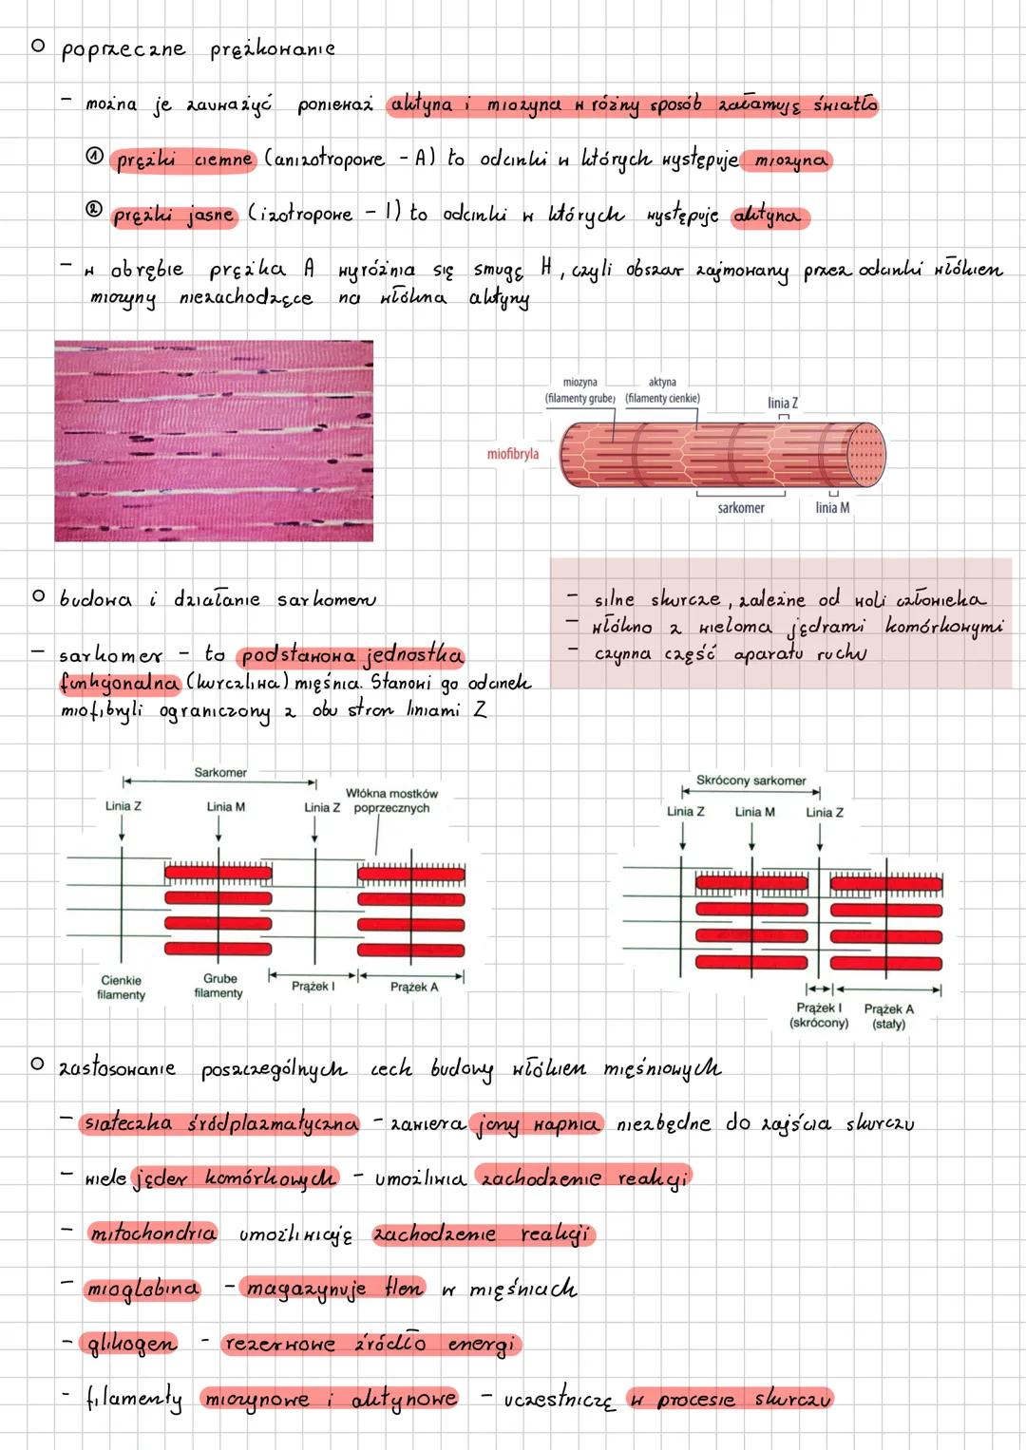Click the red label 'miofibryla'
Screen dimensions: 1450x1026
pyautogui.click(x=512, y=454)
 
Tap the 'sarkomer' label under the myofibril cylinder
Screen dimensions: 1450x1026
pyautogui.click(x=741, y=508)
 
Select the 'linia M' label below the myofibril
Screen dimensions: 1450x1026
pyautogui.click(x=832, y=508)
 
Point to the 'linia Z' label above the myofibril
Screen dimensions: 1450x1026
pyautogui.click(x=783, y=404)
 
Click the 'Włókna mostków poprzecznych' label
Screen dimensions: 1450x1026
pyautogui.click(x=391, y=800)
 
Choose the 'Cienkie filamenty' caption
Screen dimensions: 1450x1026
pyautogui.click(x=121, y=988)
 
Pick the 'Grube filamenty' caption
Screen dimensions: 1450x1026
pyautogui.click(x=218, y=986)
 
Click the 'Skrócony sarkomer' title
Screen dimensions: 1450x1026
pyautogui.click(x=750, y=781)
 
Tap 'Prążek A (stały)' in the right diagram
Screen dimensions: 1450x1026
pyautogui.click(x=888, y=1016)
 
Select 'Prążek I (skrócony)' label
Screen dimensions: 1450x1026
pyautogui.click(x=819, y=1016)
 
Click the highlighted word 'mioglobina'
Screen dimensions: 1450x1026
pyautogui.click(x=142, y=1289)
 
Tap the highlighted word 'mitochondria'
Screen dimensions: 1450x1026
pyautogui.click(x=152, y=1234)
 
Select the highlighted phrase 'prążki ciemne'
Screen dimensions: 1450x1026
pyautogui.click(x=183, y=160)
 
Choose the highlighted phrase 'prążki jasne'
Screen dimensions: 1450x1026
pyautogui.click(x=173, y=216)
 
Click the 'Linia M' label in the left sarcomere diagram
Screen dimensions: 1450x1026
pyautogui.click(x=225, y=807)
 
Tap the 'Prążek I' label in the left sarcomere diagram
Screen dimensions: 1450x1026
pyautogui.click(x=313, y=987)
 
